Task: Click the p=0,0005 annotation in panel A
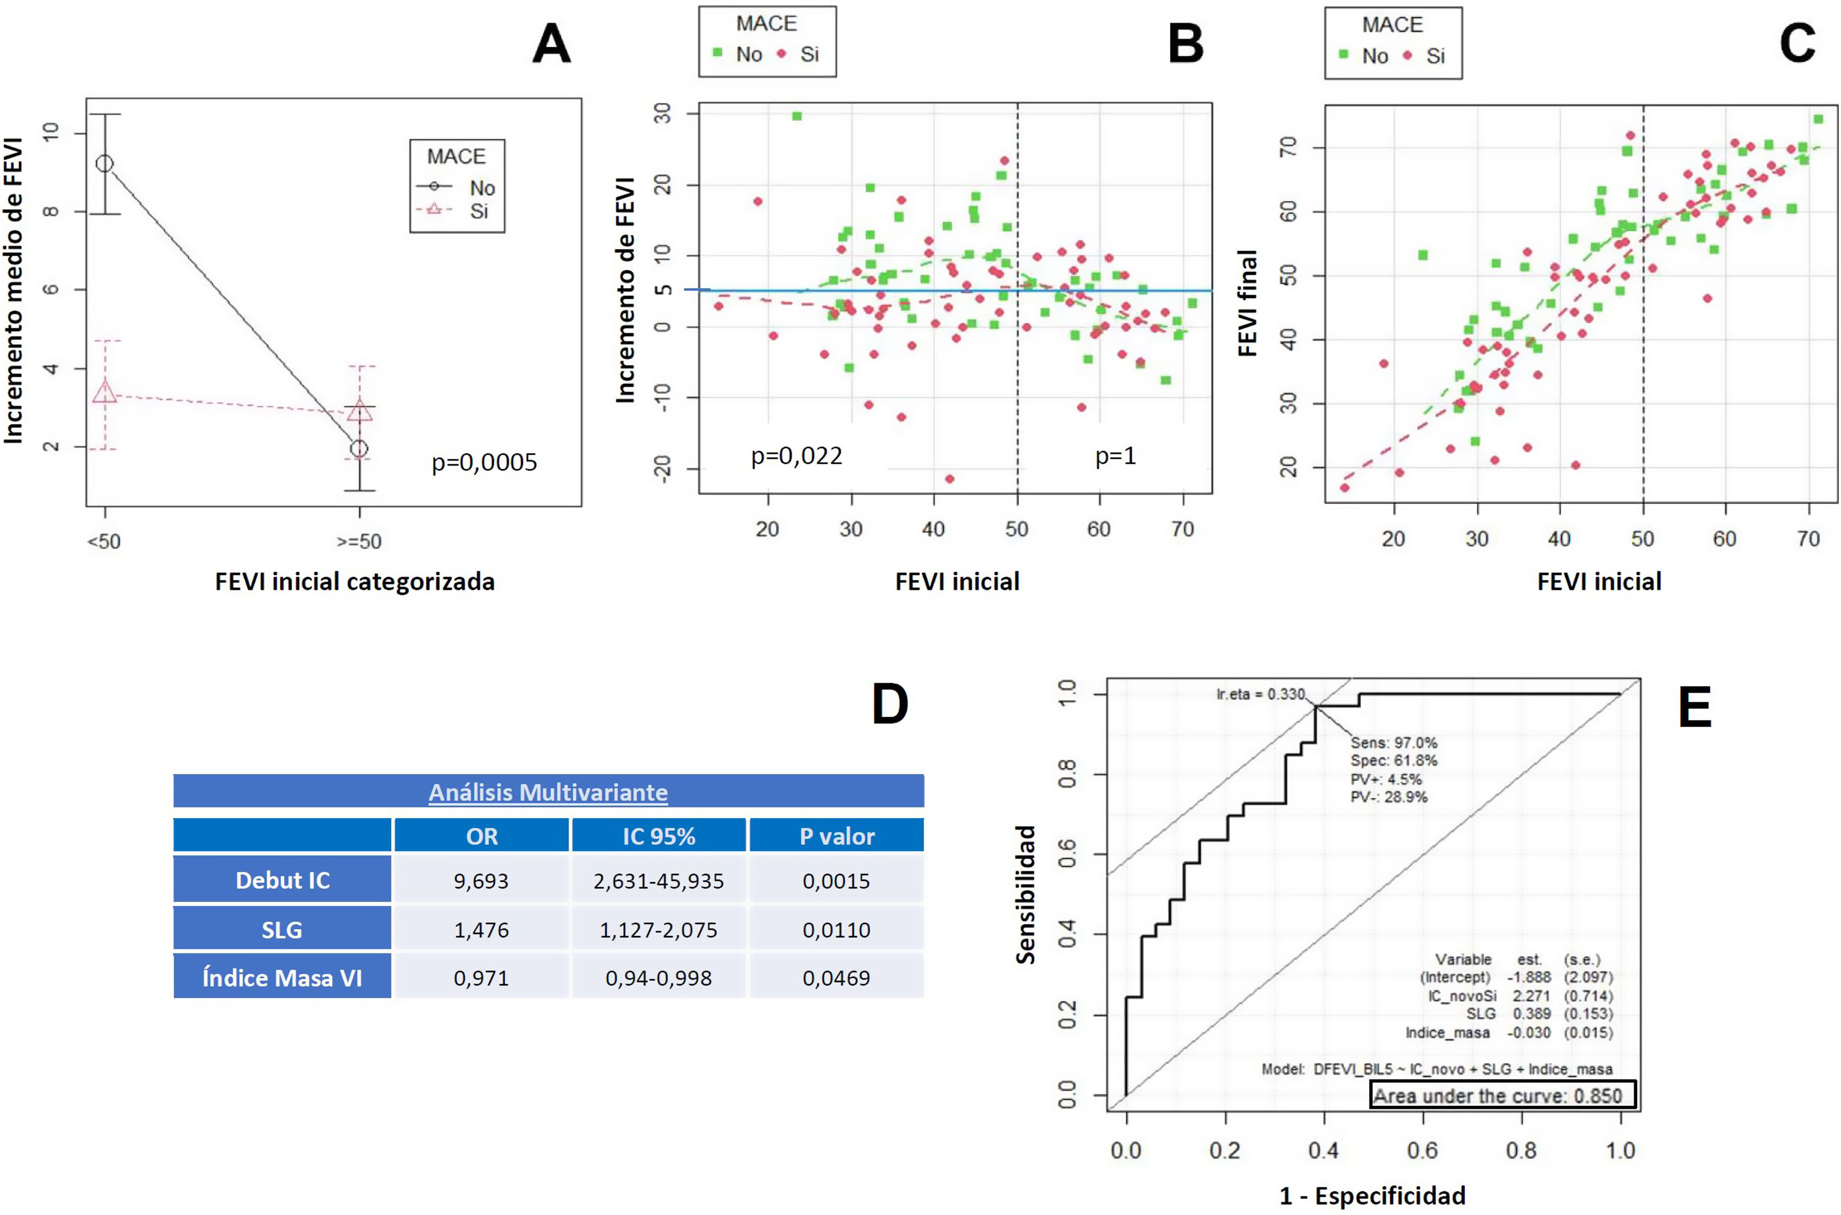(484, 463)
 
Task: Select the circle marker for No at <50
(104, 164)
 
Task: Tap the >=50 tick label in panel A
(359, 541)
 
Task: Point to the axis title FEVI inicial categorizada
(354, 581)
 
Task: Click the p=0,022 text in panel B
(796, 455)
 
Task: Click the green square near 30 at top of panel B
(796, 116)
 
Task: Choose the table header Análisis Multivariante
(548, 792)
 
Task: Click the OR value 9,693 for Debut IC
(481, 881)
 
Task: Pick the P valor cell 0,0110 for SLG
(835, 930)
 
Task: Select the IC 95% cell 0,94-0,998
(658, 978)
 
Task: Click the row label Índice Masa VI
(282, 978)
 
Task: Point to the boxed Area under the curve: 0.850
(1502, 1095)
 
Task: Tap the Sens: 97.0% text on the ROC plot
(1393, 742)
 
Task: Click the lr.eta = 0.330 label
(1260, 695)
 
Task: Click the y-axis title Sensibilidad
(1025, 894)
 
